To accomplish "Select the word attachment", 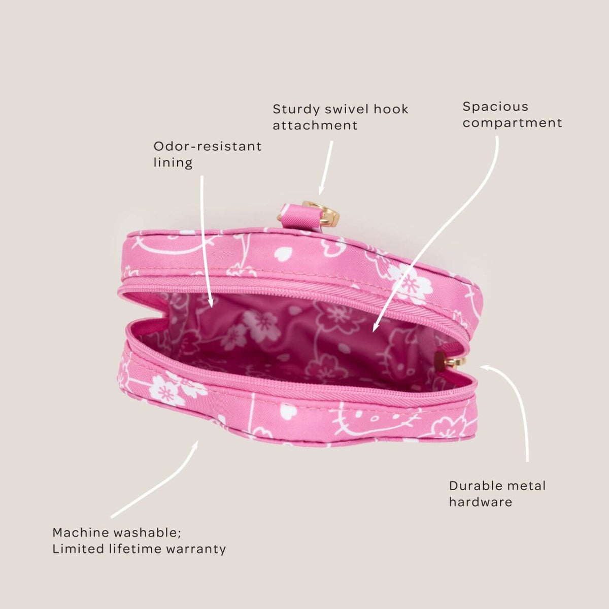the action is tap(315, 125).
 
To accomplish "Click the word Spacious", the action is tap(495, 107).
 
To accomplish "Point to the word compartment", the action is tap(512, 123).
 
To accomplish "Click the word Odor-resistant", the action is tap(208, 146).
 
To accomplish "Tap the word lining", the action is tap(173, 163).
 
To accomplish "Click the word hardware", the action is tap(481, 502).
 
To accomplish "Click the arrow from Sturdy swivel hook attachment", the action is tap(326, 168).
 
